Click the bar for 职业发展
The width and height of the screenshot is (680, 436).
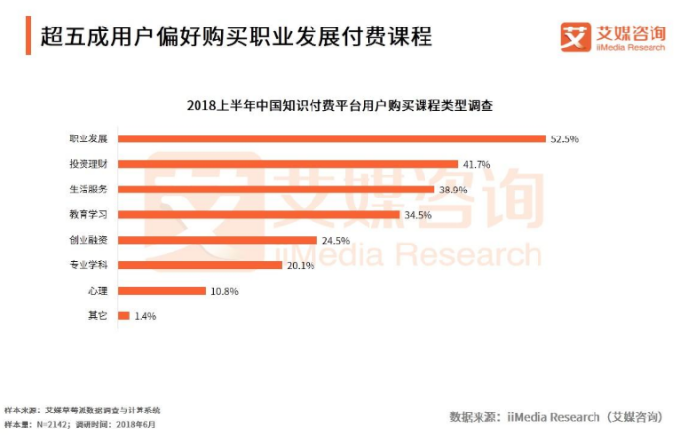tap(331, 138)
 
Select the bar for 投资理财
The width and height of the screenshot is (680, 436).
tap(287, 164)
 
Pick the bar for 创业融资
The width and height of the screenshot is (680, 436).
tap(217, 240)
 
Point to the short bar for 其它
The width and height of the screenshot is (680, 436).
tap(123, 315)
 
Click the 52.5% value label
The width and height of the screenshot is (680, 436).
tap(564, 139)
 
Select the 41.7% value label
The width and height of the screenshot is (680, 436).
tap(477, 164)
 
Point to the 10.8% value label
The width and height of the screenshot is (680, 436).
tap(224, 291)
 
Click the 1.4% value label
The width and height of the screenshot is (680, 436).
tap(143, 316)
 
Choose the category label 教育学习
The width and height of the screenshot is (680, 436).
tap(89, 214)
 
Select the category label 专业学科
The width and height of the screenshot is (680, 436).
tap(89, 265)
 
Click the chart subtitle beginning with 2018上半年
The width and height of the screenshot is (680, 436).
tap(339, 105)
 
